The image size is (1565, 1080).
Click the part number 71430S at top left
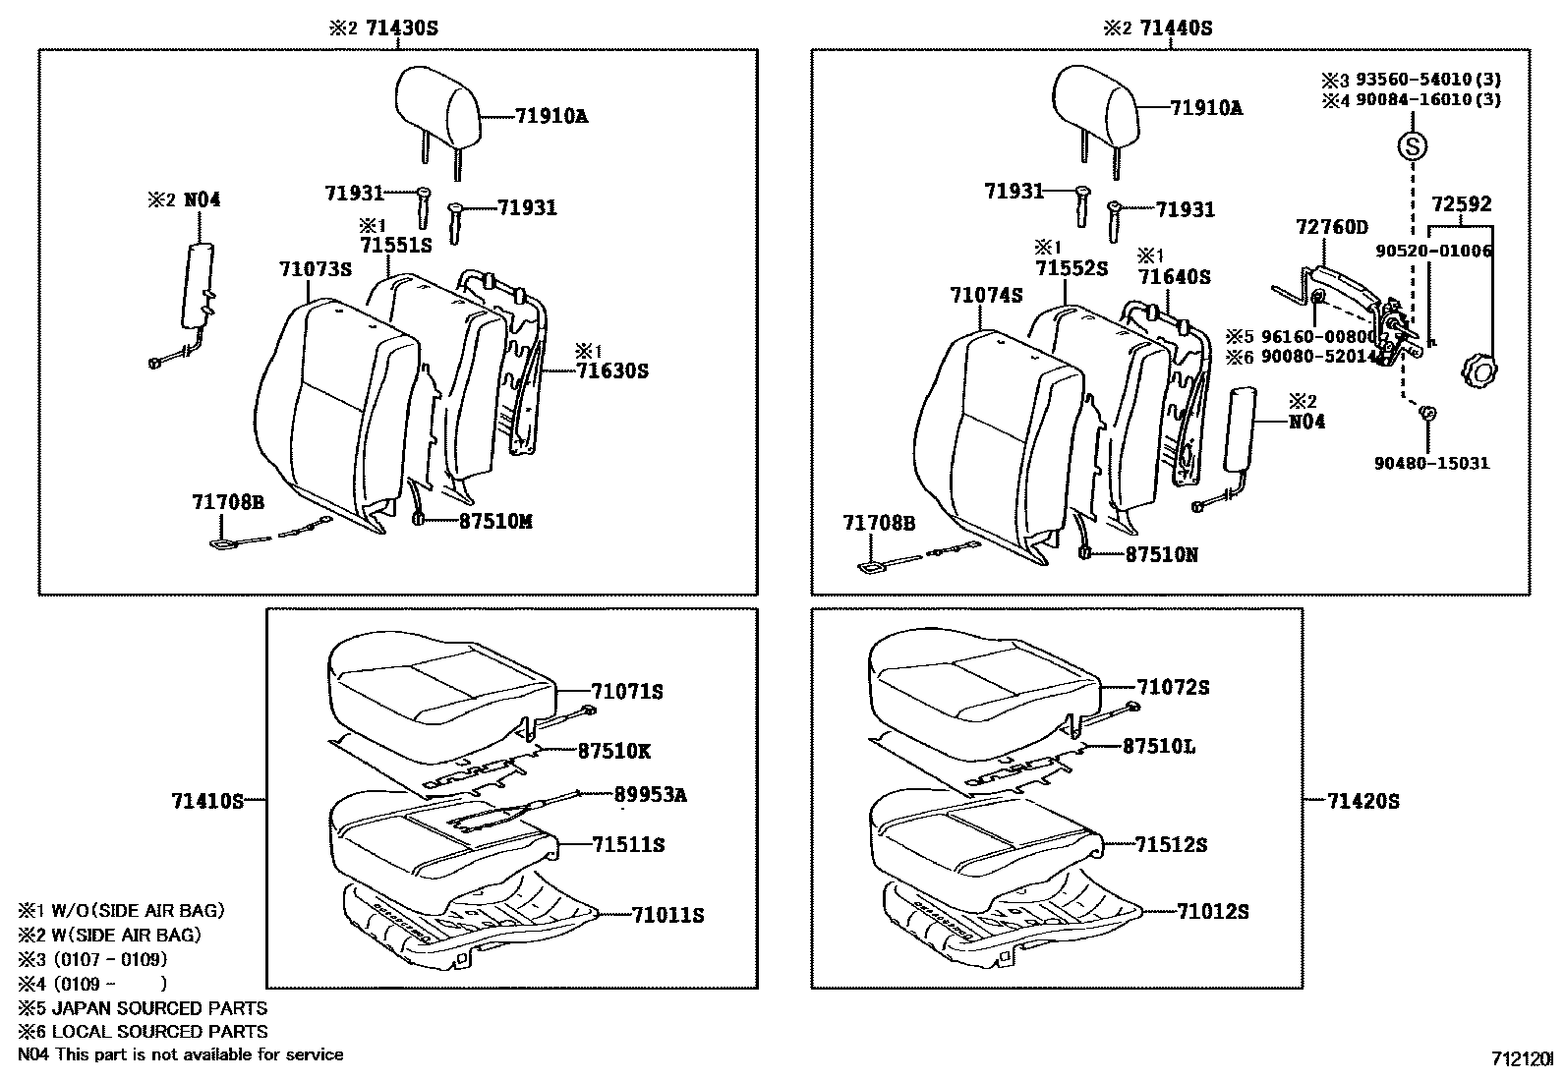tap(401, 28)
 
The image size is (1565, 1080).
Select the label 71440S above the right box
tap(1175, 28)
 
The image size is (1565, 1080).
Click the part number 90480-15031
tap(1431, 463)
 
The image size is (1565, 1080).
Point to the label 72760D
tap(1332, 228)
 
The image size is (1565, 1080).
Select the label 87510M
tap(495, 522)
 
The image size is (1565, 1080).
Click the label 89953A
tap(651, 795)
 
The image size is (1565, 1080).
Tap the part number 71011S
tap(668, 915)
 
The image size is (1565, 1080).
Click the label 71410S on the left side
tap(207, 801)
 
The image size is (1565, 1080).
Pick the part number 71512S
tap(1171, 844)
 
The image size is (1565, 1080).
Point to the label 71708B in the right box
tap(878, 524)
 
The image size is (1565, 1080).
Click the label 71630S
tap(612, 370)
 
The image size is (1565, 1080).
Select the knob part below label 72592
tap(1478, 374)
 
